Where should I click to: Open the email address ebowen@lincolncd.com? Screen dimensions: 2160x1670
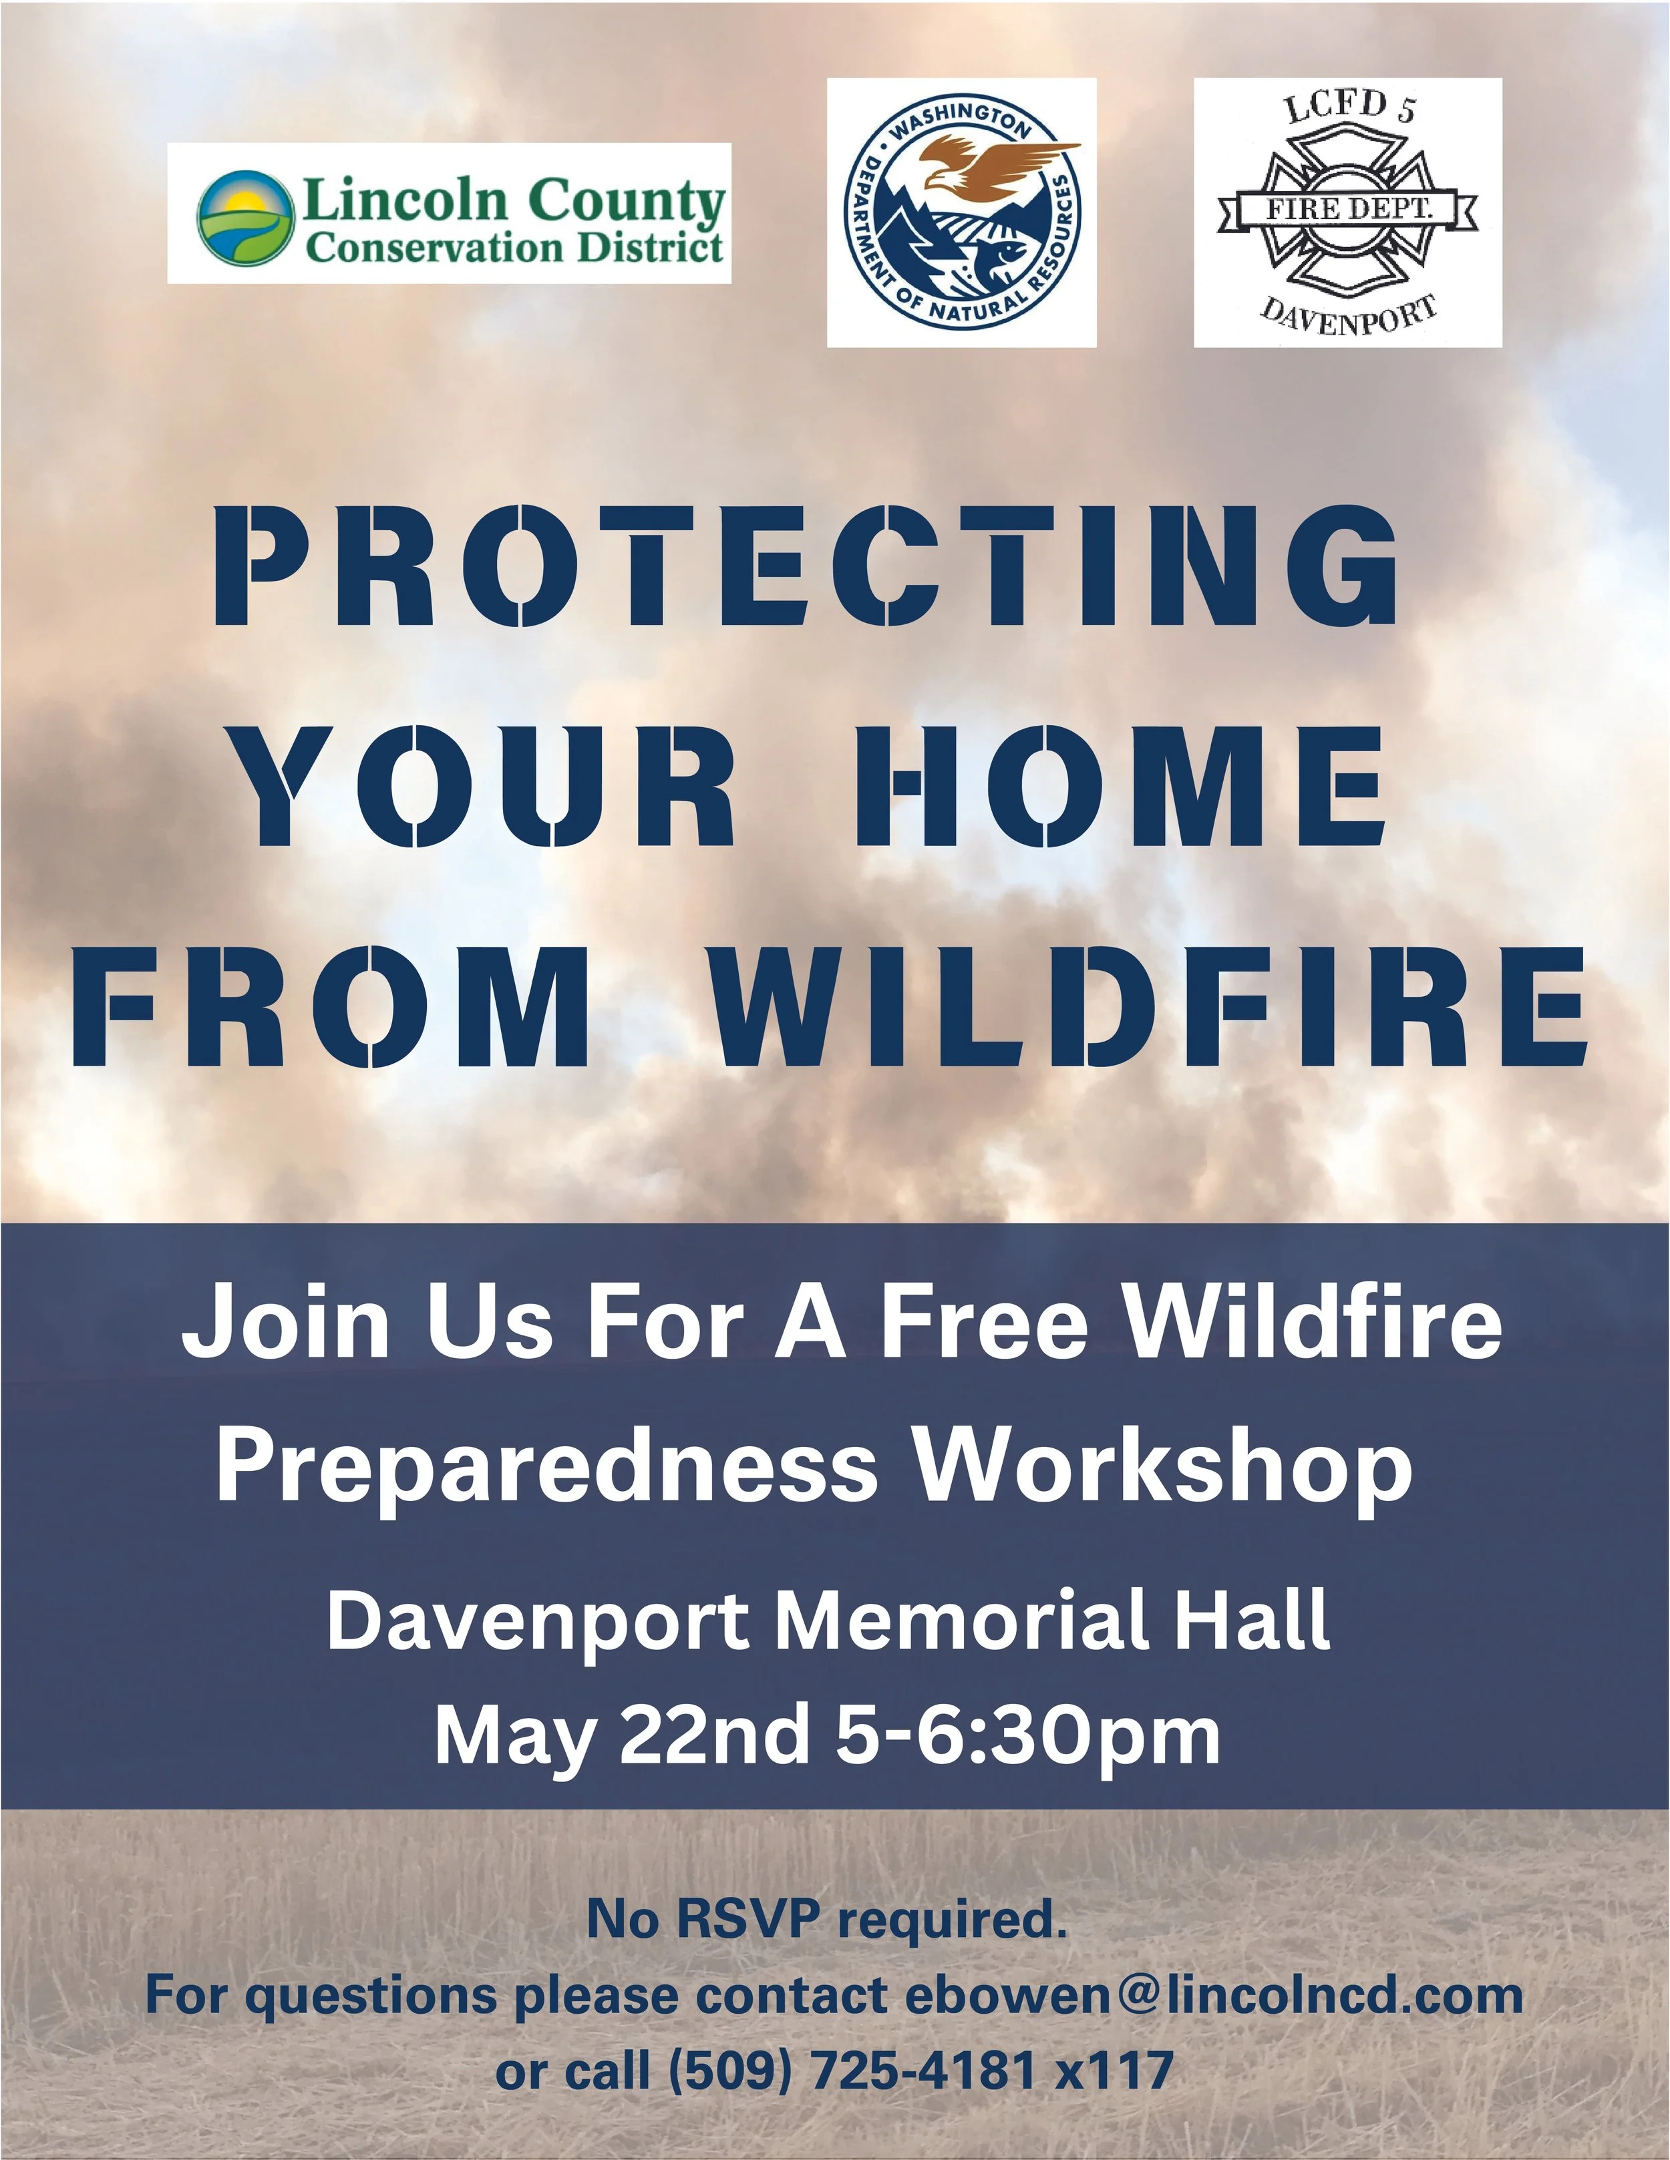tap(1213, 1995)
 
